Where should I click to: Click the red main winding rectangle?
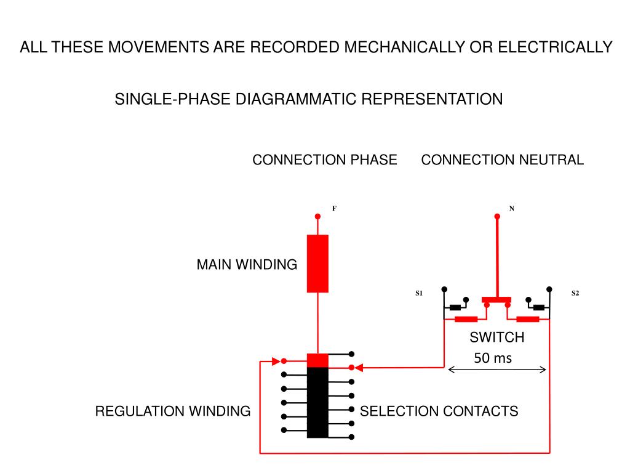(x=317, y=264)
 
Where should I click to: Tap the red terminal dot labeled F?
(x=317, y=216)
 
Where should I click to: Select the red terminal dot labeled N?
(x=497, y=216)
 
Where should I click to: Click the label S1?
(x=419, y=293)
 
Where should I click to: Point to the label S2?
(x=575, y=293)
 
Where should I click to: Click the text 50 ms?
(x=493, y=358)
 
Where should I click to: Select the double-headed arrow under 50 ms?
(x=497, y=370)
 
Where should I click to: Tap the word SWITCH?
(x=497, y=338)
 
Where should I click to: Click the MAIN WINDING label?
(x=247, y=265)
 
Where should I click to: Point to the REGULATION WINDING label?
(x=173, y=411)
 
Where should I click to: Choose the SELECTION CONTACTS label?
(x=439, y=411)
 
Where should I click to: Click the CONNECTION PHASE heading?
(x=325, y=160)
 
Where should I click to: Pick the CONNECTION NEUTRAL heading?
(x=503, y=160)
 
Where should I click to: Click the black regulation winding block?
(x=317, y=402)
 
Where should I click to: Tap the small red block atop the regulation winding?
(x=317, y=360)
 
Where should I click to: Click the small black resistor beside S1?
(x=456, y=307)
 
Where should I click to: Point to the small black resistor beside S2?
(x=538, y=307)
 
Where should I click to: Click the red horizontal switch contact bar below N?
(x=496, y=300)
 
